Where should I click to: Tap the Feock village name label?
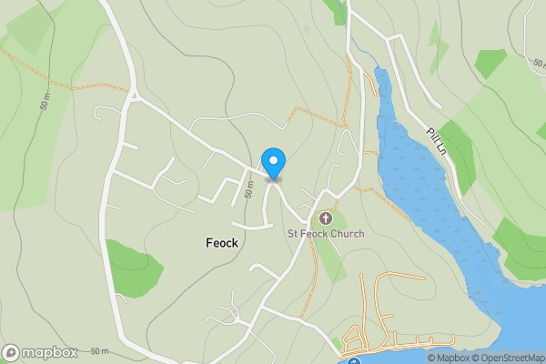[221, 243]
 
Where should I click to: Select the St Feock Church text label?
[326, 234]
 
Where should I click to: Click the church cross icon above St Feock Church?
[326, 218]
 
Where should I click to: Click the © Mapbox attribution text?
[448, 358]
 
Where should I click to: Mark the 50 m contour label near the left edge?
[45, 101]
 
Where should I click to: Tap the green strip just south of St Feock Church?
[330, 258]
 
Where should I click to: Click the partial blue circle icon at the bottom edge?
[354, 361]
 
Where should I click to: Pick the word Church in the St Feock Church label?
[347, 234]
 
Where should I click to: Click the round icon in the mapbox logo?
[11, 353]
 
